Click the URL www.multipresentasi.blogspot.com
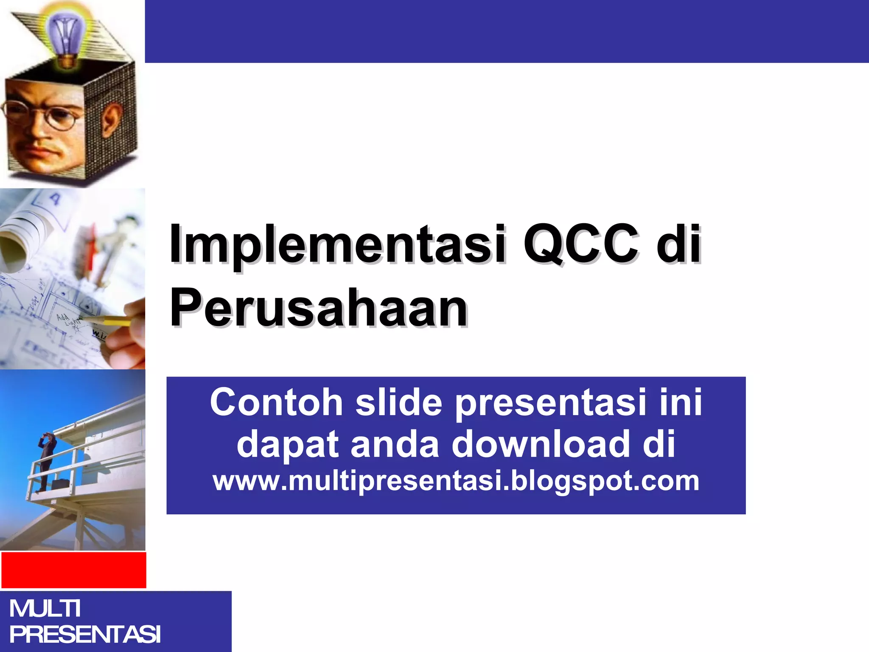(456, 481)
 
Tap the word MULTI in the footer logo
(45, 608)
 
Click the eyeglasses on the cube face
(42, 114)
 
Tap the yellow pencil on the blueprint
(106, 320)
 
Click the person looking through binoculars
(46, 461)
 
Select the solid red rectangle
(73, 570)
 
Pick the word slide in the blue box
(399, 402)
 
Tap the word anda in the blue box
(395, 444)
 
